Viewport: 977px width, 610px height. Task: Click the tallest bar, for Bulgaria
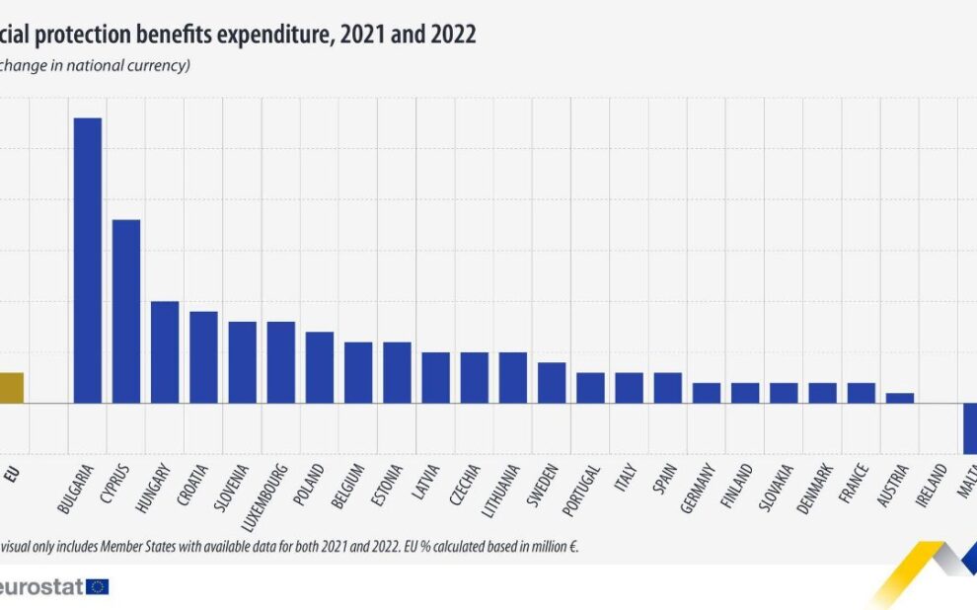coord(88,261)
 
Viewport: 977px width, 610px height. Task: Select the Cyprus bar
coord(126,311)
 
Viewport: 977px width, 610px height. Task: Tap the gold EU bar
coord(10,387)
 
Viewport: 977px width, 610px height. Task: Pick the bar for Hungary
coord(165,351)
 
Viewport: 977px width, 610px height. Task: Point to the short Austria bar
coord(900,398)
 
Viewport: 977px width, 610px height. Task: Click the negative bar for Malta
coord(970,426)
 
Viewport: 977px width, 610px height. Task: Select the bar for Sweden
coord(552,382)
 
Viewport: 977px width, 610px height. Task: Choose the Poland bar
coord(320,367)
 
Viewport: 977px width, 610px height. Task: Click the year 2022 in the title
coord(454,35)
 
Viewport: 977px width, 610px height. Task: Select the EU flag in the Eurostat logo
coord(98,586)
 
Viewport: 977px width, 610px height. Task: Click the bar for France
coord(862,393)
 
